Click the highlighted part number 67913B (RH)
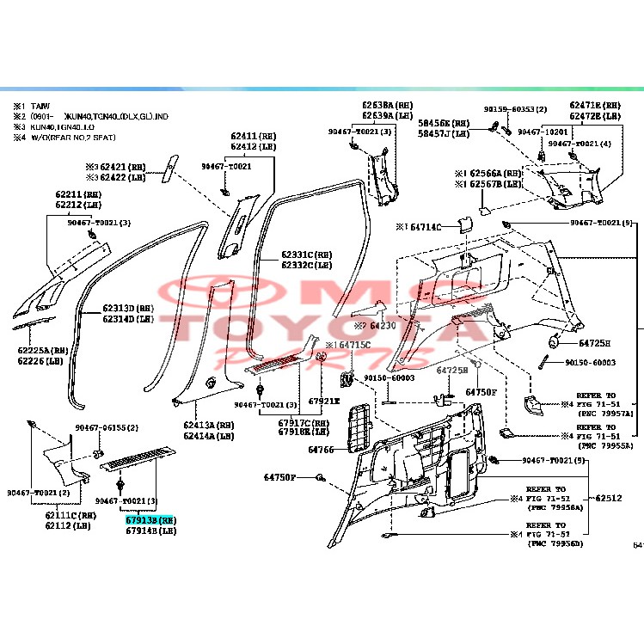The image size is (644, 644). pyautogui.click(x=150, y=520)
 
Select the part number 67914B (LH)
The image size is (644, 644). pyautogui.click(x=150, y=531)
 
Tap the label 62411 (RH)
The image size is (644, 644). pyautogui.click(x=254, y=137)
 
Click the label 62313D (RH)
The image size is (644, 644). pyautogui.click(x=128, y=309)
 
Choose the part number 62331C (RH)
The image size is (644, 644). pyautogui.click(x=306, y=255)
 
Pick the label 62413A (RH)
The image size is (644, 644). pyautogui.click(x=208, y=426)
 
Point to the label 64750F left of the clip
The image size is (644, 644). pyautogui.click(x=279, y=477)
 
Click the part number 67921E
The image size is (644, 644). pyautogui.click(x=325, y=401)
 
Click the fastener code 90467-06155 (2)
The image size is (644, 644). pyautogui.click(x=107, y=428)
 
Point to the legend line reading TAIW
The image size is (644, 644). pyautogui.click(x=41, y=105)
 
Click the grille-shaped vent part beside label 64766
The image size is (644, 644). pyautogui.click(x=355, y=426)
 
